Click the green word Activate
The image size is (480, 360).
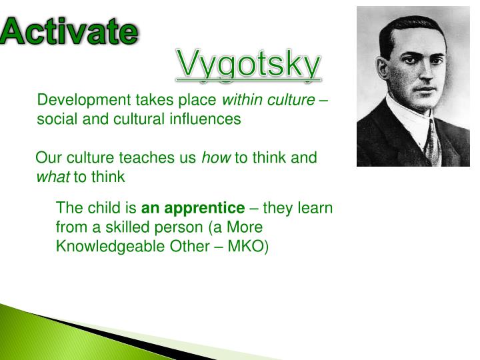pyautogui.click(x=69, y=31)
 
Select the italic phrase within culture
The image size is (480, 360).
pyautogui.click(x=268, y=101)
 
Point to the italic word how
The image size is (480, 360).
pyautogui.click(x=216, y=158)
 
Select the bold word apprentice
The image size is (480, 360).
pyautogui.click(x=209, y=208)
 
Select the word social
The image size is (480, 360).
pyautogui.click(x=55, y=120)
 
